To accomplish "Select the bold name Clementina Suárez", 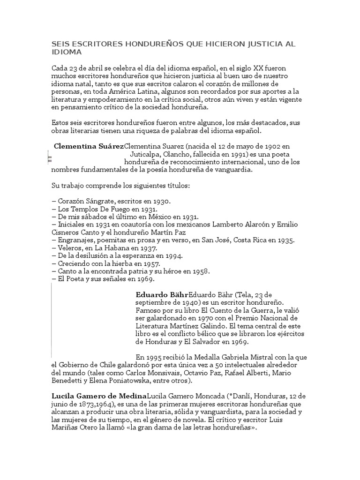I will point(89,146).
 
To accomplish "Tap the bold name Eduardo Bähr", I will point(162,295).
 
